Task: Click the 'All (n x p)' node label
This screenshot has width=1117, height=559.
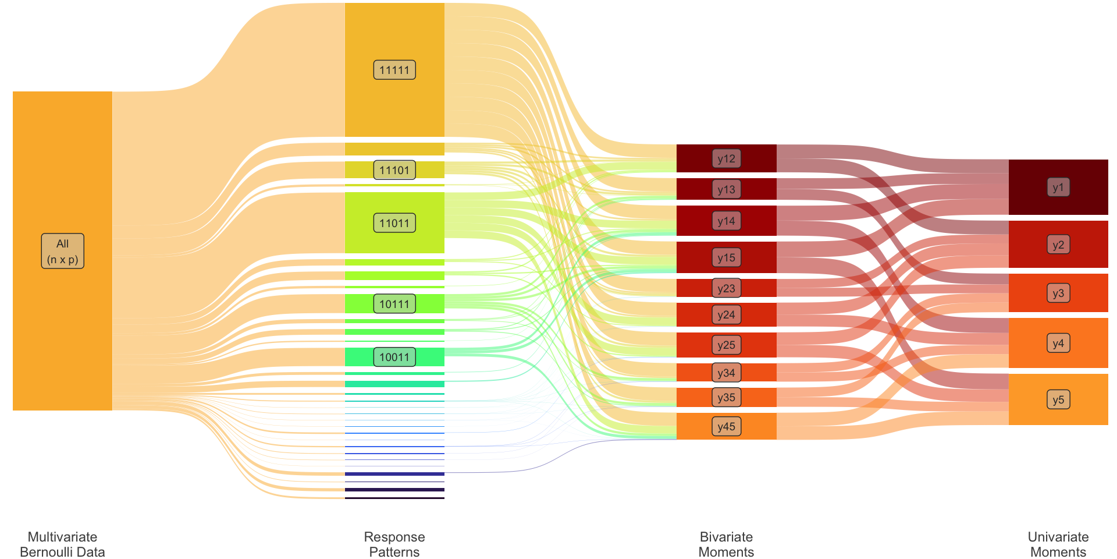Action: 62,251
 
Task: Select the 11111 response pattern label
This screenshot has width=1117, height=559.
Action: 394,70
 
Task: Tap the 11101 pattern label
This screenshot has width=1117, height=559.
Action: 394,170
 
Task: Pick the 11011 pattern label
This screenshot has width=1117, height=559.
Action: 394,223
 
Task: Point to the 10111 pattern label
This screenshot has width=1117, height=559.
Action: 394,303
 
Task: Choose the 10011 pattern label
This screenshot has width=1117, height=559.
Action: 394,357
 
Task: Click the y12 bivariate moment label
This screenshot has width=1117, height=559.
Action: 726,158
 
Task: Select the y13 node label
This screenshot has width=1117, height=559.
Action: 726,189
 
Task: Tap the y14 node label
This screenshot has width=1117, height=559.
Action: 726,221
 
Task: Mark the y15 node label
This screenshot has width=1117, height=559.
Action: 726,257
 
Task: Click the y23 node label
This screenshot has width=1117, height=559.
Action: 726,288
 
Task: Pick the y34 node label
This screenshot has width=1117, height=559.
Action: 726,373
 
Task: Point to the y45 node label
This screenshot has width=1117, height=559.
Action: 726,426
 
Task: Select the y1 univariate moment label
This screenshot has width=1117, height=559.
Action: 1058,187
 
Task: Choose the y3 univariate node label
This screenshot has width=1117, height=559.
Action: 1058,293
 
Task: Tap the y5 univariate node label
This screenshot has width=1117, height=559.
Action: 1058,399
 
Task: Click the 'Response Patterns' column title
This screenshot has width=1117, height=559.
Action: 394,544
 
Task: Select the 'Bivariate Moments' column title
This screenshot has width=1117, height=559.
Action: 726,544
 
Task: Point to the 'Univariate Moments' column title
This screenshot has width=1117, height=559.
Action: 1058,544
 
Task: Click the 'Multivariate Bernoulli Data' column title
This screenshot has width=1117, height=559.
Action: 62,544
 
